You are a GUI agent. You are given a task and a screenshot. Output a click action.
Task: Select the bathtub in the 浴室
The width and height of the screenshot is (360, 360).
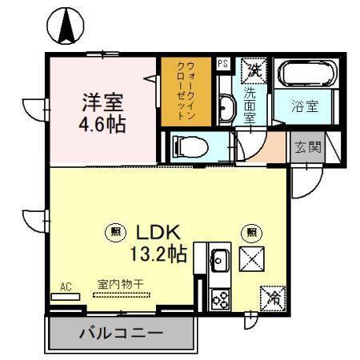coord(308,74)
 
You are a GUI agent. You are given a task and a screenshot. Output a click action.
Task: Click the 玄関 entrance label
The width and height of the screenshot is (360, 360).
coord(308,147)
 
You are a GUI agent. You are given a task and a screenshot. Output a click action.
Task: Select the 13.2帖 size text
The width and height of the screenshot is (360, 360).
coord(158,254)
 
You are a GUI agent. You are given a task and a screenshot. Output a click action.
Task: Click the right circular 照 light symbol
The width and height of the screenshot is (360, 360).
coord(253,234)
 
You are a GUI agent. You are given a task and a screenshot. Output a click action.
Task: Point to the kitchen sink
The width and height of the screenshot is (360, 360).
coord(220,261)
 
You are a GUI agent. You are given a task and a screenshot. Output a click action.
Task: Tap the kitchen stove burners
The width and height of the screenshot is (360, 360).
coord(219,298)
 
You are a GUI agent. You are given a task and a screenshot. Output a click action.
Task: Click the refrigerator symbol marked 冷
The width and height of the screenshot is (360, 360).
coord(273,299)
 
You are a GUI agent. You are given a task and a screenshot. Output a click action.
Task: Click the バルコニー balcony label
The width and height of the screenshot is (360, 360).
coord(120,333)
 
